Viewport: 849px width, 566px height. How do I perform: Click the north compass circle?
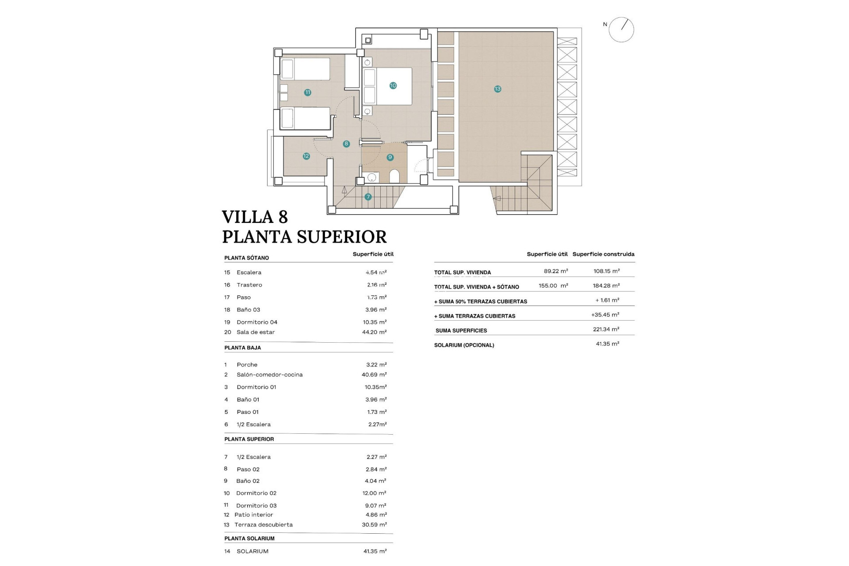point(621,30)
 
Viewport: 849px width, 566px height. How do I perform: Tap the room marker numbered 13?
point(497,89)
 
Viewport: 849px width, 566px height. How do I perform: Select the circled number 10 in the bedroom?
point(393,85)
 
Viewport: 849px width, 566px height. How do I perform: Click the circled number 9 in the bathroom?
point(390,157)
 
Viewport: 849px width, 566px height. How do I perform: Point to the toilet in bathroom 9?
point(394,176)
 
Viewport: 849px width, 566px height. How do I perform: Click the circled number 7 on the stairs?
point(368,197)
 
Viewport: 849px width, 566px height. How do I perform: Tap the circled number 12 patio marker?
point(306,156)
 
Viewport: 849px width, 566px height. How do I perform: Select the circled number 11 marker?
point(307,92)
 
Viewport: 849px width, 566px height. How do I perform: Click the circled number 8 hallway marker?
point(346,144)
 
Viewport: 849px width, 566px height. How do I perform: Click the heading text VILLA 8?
point(255,217)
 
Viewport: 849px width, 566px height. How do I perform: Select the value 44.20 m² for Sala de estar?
point(374,332)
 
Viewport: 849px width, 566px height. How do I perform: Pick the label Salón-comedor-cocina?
point(269,375)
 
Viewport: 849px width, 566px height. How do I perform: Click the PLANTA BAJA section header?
point(242,348)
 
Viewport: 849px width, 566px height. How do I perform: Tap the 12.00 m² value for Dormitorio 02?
point(374,493)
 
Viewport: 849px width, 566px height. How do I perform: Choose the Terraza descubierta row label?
point(263,525)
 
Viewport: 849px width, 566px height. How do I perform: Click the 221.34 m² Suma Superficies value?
point(606,329)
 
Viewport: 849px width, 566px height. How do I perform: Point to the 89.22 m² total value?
point(556,271)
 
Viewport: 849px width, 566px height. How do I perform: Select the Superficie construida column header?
point(603,254)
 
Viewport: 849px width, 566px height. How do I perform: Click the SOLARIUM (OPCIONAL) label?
point(464,345)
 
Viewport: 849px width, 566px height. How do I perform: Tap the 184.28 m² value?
point(606,286)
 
